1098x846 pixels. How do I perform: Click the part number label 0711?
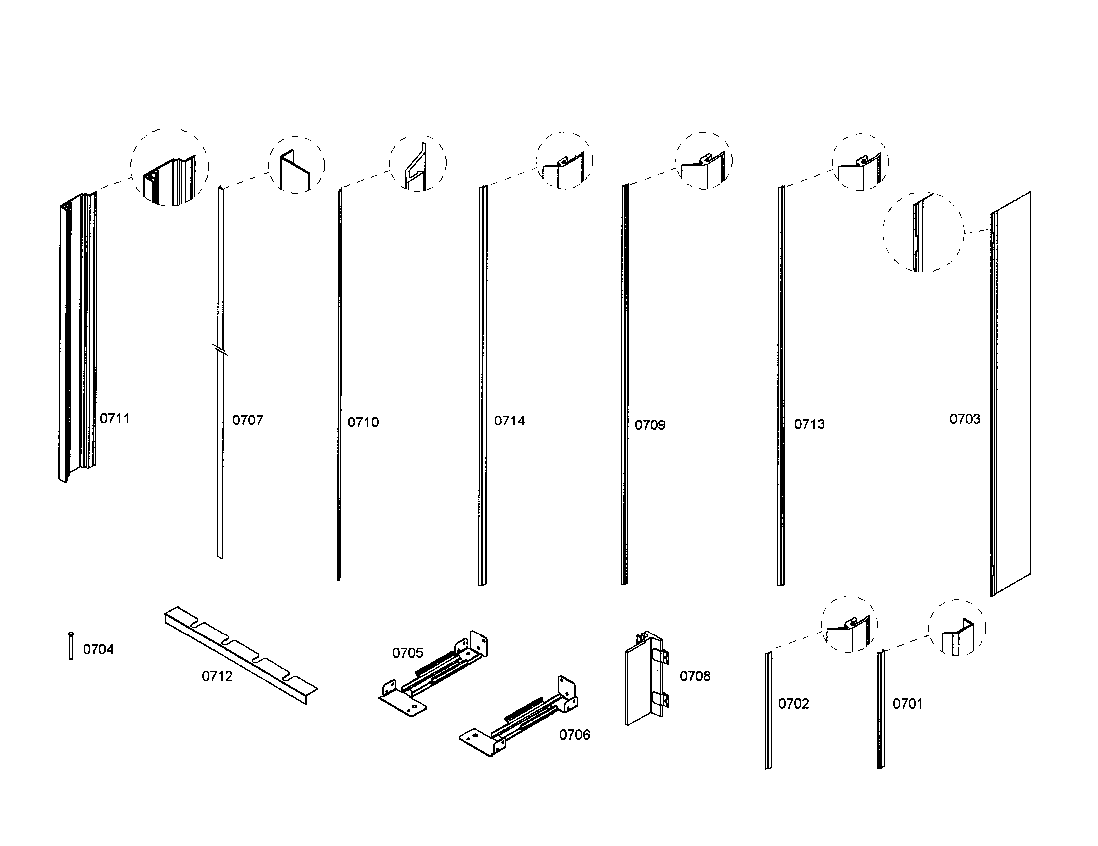coord(115,419)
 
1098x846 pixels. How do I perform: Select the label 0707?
coord(248,421)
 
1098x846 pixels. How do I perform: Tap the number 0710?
coord(363,423)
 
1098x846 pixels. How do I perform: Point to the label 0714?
coord(509,421)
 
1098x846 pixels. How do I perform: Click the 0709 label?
coord(649,425)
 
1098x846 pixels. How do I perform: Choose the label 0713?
coord(809,424)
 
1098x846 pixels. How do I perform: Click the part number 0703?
coord(964,419)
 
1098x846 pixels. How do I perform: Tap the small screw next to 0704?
coord(71,646)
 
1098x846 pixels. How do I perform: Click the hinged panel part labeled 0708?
coord(646,678)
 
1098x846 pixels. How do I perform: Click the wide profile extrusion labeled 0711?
coord(78,337)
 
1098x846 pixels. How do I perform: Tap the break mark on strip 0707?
coord(220,349)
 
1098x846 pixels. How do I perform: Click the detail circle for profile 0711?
coord(169,167)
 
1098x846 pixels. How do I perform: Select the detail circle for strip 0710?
coord(417,163)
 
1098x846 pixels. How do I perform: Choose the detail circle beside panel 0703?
coord(923,232)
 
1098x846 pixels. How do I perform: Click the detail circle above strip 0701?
coord(957,628)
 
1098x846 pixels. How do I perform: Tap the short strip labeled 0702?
coord(768,711)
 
